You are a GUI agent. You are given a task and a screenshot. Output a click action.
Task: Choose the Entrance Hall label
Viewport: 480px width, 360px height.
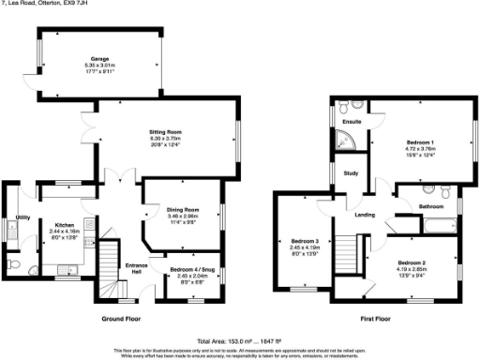click(138, 268)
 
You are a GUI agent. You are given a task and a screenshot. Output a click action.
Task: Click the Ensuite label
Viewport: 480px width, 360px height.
click(352, 122)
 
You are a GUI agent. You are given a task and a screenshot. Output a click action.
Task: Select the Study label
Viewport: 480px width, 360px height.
click(351, 173)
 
